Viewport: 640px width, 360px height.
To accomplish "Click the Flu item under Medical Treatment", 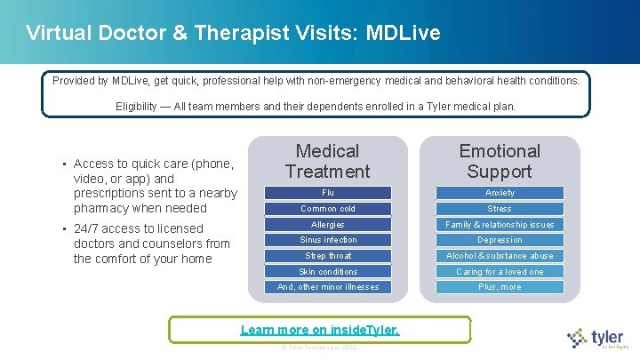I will click(x=327, y=193).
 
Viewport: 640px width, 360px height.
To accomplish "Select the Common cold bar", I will click(x=327, y=209).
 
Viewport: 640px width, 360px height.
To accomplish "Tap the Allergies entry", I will click(x=327, y=225).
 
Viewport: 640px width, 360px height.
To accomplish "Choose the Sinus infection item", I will click(x=327, y=240).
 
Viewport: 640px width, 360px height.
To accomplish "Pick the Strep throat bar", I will click(x=327, y=256).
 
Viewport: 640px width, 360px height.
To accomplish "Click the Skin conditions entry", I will click(x=327, y=272).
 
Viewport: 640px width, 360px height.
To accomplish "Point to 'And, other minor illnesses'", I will click(x=327, y=287).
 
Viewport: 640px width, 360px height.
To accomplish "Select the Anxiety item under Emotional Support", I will click(x=500, y=193).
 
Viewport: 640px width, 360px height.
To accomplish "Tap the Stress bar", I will click(x=500, y=209).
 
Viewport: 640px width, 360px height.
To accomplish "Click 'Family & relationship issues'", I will click(x=500, y=225).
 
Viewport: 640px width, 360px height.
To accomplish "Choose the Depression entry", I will click(x=500, y=240).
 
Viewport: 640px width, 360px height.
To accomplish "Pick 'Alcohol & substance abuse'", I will click(x=500, y=256).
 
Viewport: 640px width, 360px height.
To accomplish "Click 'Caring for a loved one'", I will click(x=500, y=272).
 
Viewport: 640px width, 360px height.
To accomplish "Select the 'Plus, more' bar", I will click(x=500, y=287).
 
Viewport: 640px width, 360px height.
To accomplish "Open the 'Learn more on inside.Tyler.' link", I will click(x=320, y=330).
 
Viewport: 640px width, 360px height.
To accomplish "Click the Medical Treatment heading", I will click(x=327, y=161).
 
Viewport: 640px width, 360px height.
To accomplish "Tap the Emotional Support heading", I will click(x=500, y=161).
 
